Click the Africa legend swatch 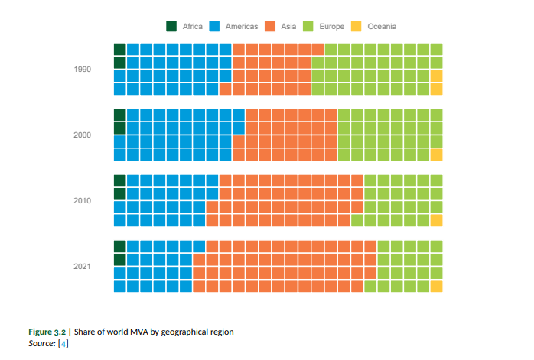[x=172, y=27]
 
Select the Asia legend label [x=289, y=27]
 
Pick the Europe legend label [x=332, y=27]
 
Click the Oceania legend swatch [x=357, y=27]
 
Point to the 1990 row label [x=83, y=70]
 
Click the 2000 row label [x=83, y=135]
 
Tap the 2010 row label [x=83, y=201]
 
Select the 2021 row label [x=83, y=267]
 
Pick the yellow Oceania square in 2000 [x=436, y=154]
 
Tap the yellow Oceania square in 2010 [x=436, y=220]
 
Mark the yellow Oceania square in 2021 [x=436, y=286]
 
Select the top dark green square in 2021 [x=119, y=246]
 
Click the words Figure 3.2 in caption [x=47, y=332]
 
